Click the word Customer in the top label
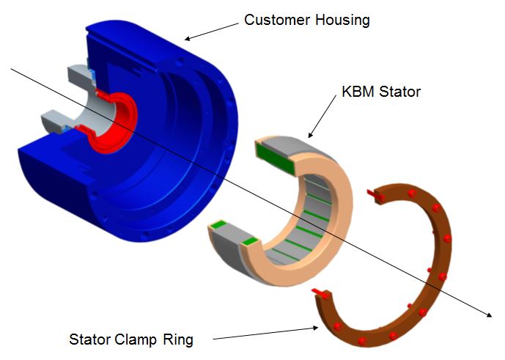278,20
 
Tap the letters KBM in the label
358,92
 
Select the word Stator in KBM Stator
399,92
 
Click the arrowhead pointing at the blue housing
188,38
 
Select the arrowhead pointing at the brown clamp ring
315,328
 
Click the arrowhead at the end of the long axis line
489,315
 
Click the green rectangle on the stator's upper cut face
276,158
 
